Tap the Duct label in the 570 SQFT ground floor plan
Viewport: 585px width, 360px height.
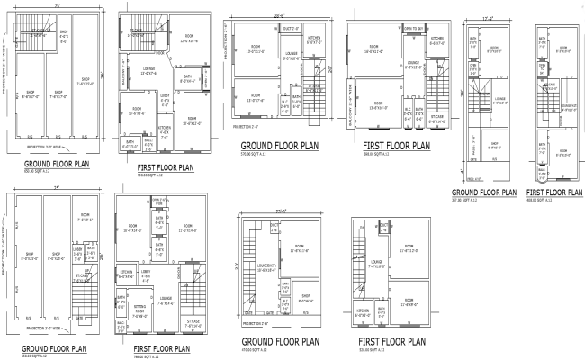coord(291,29)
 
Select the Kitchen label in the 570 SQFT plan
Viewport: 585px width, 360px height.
coord(314,38)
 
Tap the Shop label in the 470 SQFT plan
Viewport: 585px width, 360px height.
coord(305,298)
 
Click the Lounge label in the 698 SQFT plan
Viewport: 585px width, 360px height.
coord(410,65)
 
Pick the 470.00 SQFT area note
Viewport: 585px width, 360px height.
coord(256,351)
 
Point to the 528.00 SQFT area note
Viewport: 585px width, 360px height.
coord(360,351)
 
